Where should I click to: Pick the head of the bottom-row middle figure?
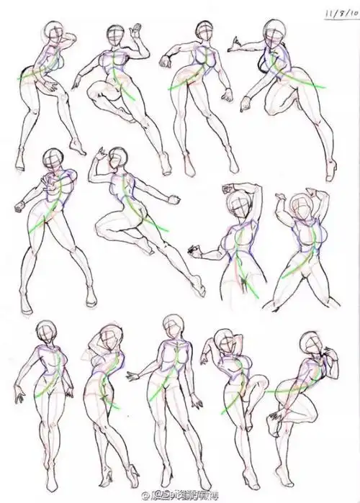click(174, 327)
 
